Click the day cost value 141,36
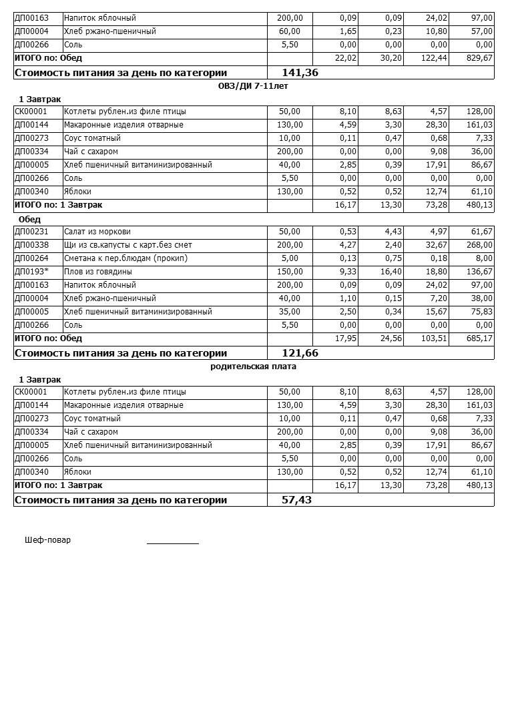coord(300,73)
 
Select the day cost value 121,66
coord(300,353)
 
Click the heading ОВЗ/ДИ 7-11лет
coord(253,86)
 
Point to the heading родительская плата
coord(253,367)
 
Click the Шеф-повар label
coord(47,540)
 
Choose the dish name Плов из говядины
coord(98,272)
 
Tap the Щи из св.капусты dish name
coord(128,245)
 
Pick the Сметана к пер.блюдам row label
coord(125,258)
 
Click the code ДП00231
coord(31,232)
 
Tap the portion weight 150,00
coord(290,272)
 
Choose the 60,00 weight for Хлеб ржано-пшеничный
coord(290,31)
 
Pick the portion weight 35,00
coord(290,312)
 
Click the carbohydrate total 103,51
coord(434,338)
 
